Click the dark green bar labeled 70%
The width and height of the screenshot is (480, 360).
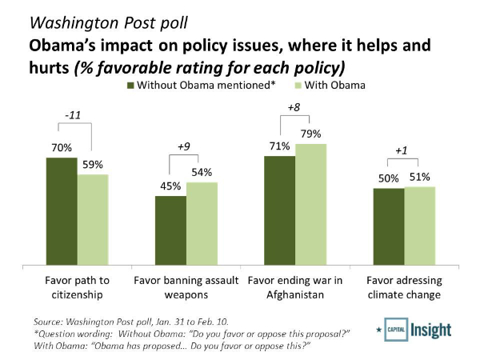(x=62, y=211)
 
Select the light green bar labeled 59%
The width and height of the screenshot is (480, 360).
(x=93, y=219)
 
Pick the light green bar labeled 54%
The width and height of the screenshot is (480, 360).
(x=202, y=223)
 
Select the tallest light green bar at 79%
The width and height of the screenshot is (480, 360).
(x=310, y=204)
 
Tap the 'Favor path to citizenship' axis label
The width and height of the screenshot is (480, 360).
(x=77, y=287)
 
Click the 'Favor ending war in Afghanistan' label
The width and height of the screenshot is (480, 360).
(x=294, y=287)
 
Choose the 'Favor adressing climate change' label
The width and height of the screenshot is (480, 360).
(x=404, y=287)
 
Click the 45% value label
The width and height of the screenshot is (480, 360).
(x=170, y=186)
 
